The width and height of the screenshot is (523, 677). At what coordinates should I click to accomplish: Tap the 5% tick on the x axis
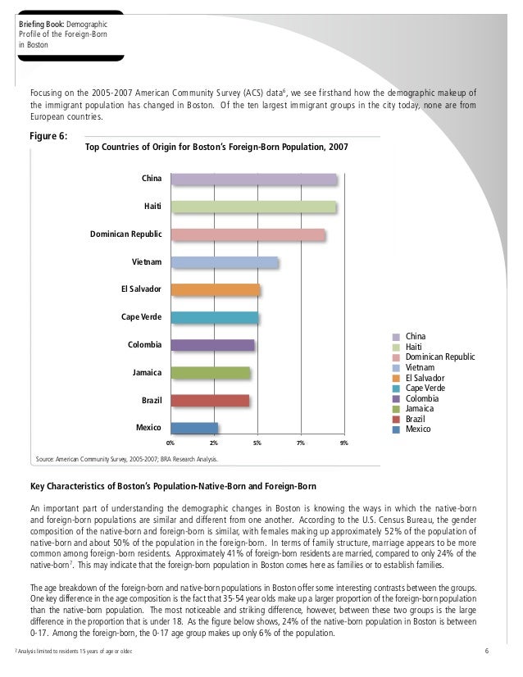click(257, 443)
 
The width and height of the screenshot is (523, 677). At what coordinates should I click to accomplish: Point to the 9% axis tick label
click(344, 443)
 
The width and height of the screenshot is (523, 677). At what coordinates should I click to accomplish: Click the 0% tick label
click(170, 443)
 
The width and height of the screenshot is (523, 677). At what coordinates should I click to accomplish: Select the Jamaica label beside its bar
click(147, 373)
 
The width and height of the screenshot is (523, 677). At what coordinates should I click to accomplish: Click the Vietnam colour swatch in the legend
click(396, 368)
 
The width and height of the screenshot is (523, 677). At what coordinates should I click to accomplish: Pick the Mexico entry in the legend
click(418, 429)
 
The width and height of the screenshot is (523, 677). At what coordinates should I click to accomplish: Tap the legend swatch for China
click(396, 337)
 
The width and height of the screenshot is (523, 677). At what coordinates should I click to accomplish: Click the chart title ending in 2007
click(216, 148)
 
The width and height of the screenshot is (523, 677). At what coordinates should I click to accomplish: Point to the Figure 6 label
click(49, 136)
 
